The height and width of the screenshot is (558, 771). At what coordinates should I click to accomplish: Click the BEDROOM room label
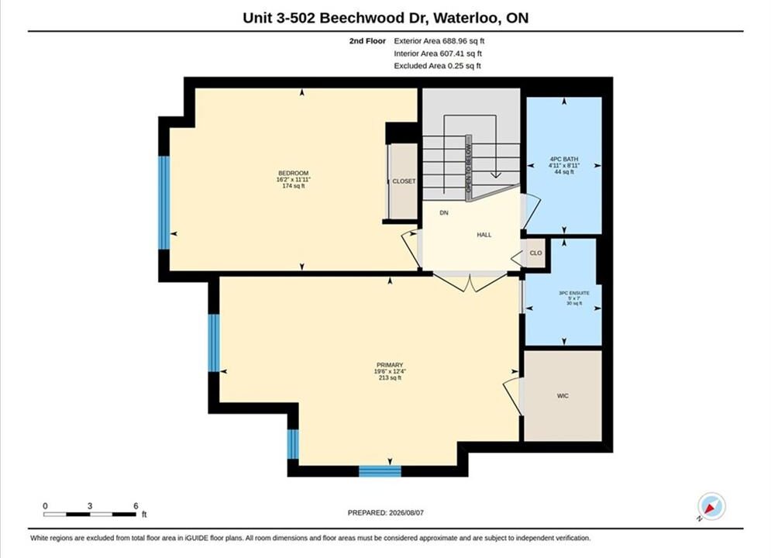[294, 173]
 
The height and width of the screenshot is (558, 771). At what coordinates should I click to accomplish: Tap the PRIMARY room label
[390, 365]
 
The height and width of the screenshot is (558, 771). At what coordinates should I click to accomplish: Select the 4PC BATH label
[564, 160]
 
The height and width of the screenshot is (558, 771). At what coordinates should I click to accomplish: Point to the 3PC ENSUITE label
[574, 293]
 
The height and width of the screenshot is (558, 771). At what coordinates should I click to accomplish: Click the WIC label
[563, 396]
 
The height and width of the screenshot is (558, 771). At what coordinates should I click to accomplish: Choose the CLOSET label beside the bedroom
[404, 181]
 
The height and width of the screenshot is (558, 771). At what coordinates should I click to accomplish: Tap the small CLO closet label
[535, 253]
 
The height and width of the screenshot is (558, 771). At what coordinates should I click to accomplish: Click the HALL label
[484, 235]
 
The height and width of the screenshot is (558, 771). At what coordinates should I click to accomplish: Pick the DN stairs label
[444, 213]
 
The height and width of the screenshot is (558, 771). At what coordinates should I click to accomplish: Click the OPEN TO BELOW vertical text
[469, 168]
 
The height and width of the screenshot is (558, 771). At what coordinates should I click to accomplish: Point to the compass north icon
[711, 506]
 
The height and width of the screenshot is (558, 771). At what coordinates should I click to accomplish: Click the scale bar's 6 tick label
[136, 505]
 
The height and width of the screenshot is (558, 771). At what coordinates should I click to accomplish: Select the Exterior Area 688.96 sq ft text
[439, 41]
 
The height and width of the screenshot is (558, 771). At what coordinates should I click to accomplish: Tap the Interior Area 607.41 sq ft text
[438, 53]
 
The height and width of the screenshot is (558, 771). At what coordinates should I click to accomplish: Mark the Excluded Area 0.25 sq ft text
[437, 66]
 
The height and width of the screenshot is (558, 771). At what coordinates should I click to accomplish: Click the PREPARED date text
[386, 513]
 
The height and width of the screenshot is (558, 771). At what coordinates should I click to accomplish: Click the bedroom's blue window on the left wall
[163, 202]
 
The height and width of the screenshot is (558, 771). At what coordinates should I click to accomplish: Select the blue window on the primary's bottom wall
[380, 471]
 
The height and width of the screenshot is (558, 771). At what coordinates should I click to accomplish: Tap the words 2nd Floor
[367, 41]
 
